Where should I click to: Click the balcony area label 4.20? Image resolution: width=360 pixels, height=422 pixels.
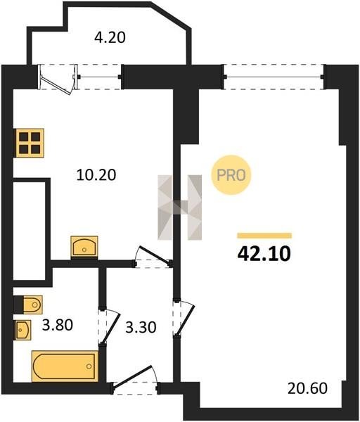110,37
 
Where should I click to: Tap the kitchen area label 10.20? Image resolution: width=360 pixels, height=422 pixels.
96,174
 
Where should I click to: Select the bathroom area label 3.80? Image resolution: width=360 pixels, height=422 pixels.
58,325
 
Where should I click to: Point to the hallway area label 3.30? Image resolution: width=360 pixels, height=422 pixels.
141,328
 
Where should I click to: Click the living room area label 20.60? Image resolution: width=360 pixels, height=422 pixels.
307,388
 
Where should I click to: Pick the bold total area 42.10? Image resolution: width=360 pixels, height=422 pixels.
264,253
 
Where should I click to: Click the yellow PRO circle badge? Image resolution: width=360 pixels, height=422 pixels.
231,175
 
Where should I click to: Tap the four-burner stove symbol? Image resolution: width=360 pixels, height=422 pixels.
30,143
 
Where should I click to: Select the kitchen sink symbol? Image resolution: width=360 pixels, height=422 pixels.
84,246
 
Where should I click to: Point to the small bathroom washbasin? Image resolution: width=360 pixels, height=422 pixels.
23,330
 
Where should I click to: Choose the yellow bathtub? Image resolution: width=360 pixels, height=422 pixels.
65,366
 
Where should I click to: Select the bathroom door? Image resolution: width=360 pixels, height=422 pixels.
109,326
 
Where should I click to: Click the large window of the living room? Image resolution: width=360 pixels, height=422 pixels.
274,77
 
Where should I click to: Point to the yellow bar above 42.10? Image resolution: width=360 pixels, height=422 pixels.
264,236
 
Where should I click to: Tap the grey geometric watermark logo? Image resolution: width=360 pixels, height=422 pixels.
180,207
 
